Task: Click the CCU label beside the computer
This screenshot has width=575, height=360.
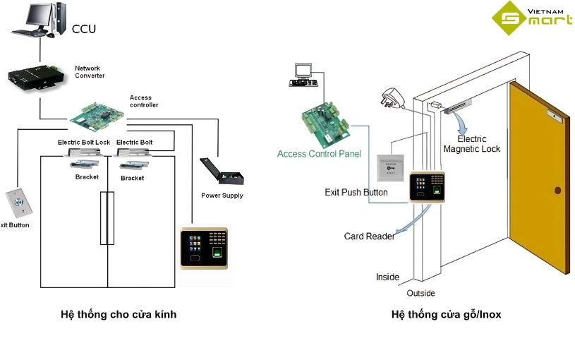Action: (x=83, y=29)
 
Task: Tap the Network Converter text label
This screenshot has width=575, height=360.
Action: (x=90, y=72)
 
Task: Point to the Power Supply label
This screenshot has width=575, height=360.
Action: (x=222, y=196)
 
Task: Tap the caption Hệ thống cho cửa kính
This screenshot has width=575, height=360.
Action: (x=119, y=315)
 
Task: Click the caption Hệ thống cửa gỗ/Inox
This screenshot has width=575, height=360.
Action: (x=446, y=315)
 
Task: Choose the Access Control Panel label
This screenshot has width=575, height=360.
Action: (x=319, y=154)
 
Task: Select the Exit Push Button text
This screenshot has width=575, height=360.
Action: (x=356, y=192)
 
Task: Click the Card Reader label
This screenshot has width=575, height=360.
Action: (x=369, y=236)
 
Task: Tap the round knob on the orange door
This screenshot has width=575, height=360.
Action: (x=557, y=190)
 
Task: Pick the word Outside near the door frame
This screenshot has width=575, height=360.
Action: (x=420, y=293)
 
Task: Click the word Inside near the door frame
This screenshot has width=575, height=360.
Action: (x=387, y=277)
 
